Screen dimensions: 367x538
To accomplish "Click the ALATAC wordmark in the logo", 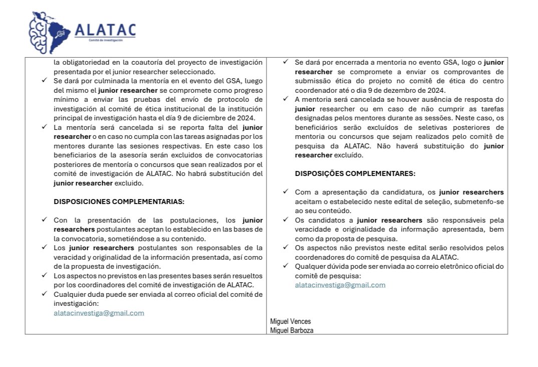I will pos(105,30).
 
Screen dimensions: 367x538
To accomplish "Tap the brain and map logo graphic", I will pos(50,32).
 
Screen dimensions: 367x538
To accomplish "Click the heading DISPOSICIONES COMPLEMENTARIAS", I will pos(119,202).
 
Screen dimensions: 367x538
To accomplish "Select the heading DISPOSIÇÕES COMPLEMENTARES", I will pos(355,174).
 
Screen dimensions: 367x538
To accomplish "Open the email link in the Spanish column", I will pos(99,313).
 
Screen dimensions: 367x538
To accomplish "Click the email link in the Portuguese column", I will pos(340,285).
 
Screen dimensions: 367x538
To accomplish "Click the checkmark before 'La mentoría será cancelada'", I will pos(44,127).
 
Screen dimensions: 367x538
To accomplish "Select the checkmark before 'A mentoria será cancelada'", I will pos(286,99).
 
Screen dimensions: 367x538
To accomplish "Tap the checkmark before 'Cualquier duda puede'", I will pos(44,294).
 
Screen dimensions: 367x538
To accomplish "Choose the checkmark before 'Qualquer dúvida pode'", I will pos(286,266).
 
